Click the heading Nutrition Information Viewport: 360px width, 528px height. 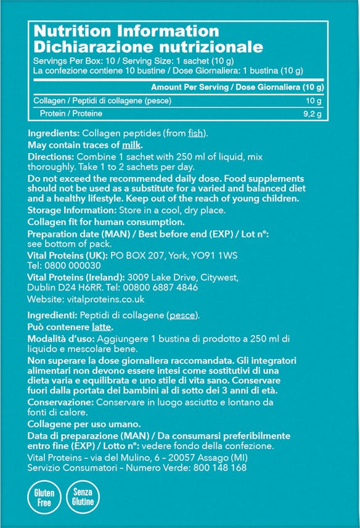coord(126,31)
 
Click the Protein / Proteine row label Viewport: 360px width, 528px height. coord(72,114)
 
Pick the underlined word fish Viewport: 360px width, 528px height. coord(197,133)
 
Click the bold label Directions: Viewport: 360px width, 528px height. coord(52,157)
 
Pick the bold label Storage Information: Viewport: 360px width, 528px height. coord(67,210)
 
